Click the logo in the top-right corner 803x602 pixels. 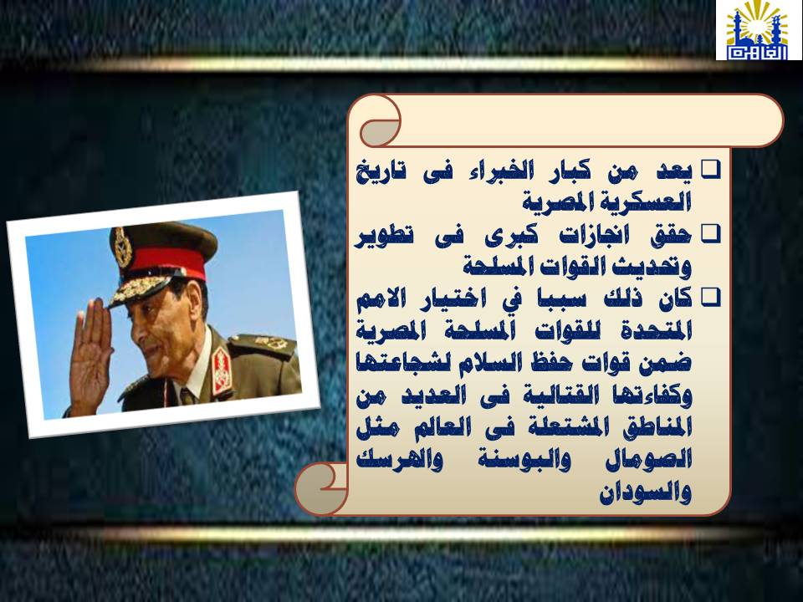click(x=759, y=30)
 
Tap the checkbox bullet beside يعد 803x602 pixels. click(x=711, y=171)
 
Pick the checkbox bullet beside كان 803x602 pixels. click(x=711, y=298)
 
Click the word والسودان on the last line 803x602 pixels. click(x=645, y=492)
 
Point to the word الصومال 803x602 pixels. click(x=648, y=459)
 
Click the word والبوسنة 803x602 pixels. click(x=524, y=459)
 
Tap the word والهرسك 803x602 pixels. click(x=400, y=459)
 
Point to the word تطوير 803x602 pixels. click(x=384, y=237)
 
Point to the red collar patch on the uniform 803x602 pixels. click(x=222, y=369)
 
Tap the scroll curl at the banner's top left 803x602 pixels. click(x=380, y=122)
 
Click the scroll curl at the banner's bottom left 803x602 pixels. click(x=320, y=488)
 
